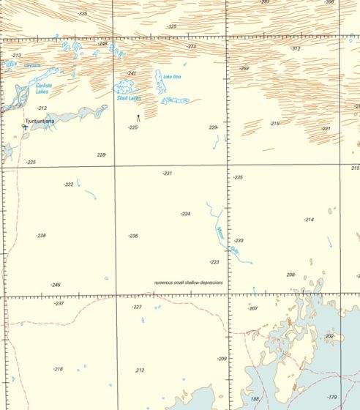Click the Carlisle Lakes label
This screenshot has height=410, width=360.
pyautogui.click(x=44, y=89)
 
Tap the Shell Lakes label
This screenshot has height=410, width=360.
pyautogui.click(x=129, y=97)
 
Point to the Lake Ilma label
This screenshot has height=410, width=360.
pyautogui.click(x=172, y=77)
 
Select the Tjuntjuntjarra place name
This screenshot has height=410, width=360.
pyautogui.click(x=40, y=122)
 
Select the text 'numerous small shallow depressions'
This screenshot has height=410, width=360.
pyautogui.click(x=189, y=282)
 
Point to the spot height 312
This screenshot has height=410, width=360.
pyautogui.click(x=296, y=48)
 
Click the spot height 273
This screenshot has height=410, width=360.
pyautogui.click(x=191, y=46)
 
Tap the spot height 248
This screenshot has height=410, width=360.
pyautogui.click(x=102, y=44)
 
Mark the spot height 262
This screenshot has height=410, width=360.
pyautogui.click(x=244, y=68)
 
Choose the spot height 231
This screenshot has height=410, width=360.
pyautogui.click(x=167, y=173)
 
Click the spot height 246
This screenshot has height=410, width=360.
pyautogui.click(x=56, y=285)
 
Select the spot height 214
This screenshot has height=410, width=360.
pyautogui.click(x=309, y=220)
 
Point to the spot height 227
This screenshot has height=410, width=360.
pyautogui.click(x=137, y=307)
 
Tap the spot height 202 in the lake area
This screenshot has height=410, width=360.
pyautogui.click(x=329, y=336)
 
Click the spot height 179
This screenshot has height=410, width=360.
pyautogui.click(x=332, y=396)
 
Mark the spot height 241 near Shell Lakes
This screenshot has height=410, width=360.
pyautogui.click(x=132, y=73)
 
